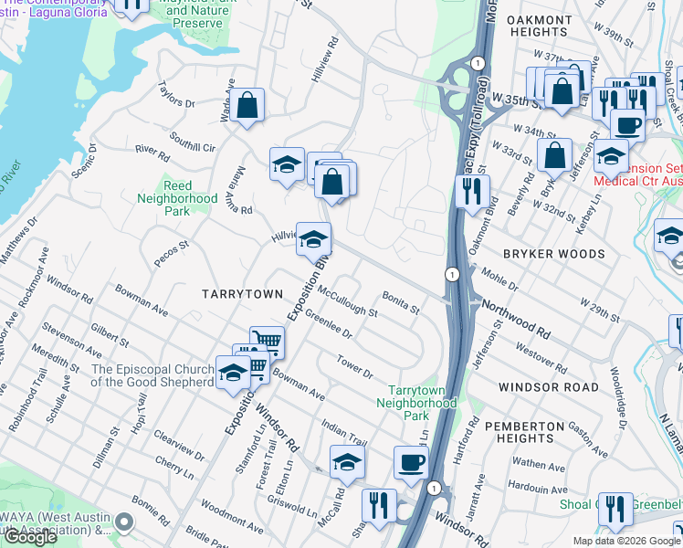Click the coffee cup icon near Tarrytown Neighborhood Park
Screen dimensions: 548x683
click(411, 462)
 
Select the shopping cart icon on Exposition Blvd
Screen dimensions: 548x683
click(267, 342)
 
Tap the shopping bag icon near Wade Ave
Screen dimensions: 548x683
click(247, 106)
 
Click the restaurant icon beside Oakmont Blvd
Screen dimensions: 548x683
click(472, 193)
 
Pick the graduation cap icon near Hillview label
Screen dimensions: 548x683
click(313, 239)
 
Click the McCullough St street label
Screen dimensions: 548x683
click(348, 300)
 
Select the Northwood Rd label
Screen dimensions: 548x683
click(517, 320)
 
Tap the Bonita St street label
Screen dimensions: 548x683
click(401, 302)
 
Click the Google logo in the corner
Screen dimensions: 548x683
click(30, 537)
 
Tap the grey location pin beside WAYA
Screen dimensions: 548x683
click(125, 522)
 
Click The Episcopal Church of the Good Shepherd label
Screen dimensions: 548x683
click(152, 375)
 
